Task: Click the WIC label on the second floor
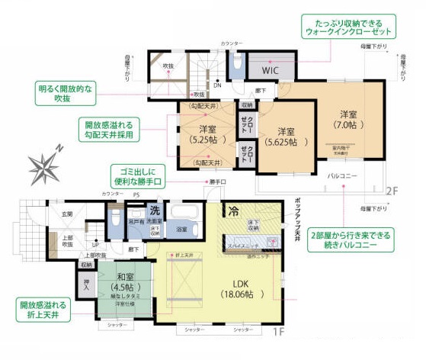click(x=271, y=70)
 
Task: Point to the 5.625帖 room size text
click(x=285, y=142)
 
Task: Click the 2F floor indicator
click(x=390, y=191)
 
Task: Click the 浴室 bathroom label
click(x=182, y=228)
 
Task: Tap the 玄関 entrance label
click(x=67, y=214)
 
